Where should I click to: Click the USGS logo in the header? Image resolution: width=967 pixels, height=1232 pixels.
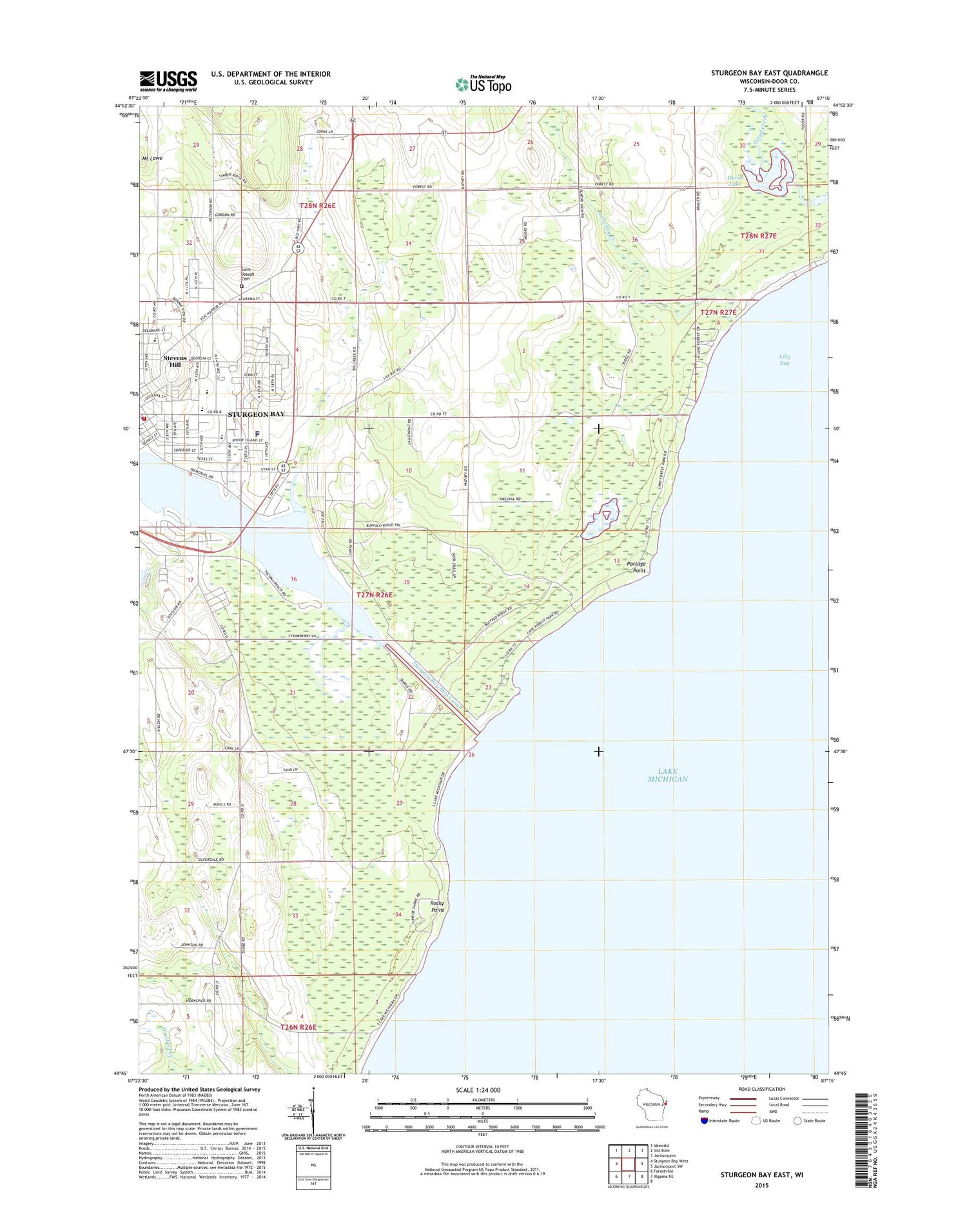pyautogui.click(x=168, y=81)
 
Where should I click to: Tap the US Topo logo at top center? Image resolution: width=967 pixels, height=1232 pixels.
pyautogui.click(x=484, y=84)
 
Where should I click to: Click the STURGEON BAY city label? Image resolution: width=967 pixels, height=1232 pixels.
pyautogui.click(x=256, y=414)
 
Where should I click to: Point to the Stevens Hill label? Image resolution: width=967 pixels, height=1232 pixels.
pyautogui.click(x=175, y=361)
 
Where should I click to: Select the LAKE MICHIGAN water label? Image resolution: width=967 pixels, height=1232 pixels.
pyautogui.click(x=667, y=775)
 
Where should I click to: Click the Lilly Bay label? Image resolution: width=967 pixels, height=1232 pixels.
pyautogui.click(x=784, y=360)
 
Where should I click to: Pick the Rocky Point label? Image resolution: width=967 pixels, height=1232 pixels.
pyautogui.click(x=437, y=906)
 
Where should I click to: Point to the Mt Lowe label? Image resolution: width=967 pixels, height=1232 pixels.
pyautogui.click(x=153, y=158)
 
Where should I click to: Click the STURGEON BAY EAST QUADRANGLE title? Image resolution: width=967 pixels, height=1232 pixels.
pyautogui.click(x=769, y=73)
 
